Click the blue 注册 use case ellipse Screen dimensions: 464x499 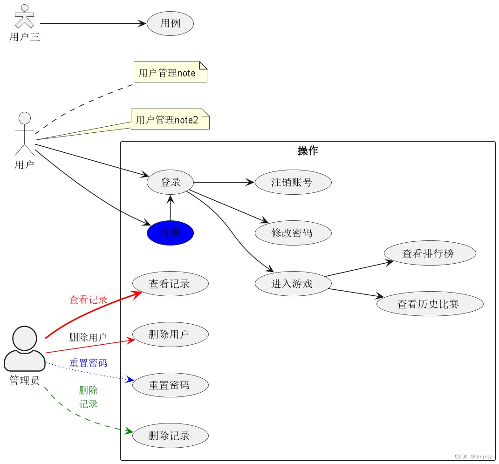[x=170, y=233]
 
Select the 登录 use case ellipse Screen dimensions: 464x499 [x=170, y=182]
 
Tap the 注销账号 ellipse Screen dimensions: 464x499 [x=293, y=182]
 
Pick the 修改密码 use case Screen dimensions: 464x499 [x=293, y=232]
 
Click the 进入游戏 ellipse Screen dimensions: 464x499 [x=293, y=283]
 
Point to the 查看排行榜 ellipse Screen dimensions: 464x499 [x=430, y=253]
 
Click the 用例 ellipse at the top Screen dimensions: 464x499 [x=170, y=23]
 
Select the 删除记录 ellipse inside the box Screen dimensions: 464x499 [x=170, y=436]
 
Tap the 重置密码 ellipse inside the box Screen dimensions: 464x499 [x=170, y=385]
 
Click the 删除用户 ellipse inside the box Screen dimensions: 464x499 [x=170, y=334]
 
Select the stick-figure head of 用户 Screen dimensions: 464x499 [x=24, y=118]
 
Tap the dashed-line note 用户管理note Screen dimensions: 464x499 [x=170, y=73]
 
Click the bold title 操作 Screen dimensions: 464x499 [x=308, y=151]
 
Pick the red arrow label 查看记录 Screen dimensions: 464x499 [x=89, y=300]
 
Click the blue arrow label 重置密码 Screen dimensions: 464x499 [x=89, y=362]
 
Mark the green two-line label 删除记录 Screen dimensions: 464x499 [x=89, y=397]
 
